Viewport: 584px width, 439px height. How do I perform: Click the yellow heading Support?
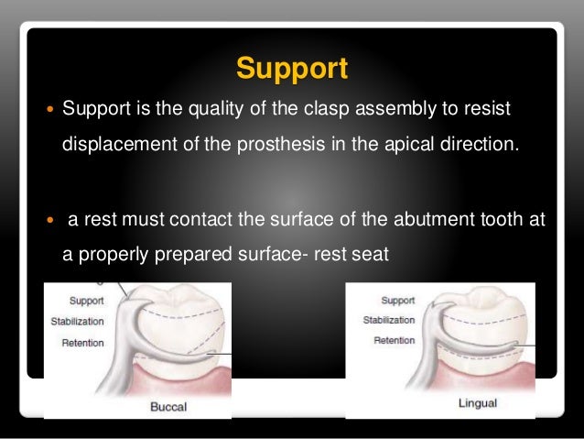point(292,69)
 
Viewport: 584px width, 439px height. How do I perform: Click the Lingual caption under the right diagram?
point(452,403)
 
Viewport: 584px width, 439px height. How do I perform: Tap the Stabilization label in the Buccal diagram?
point(78,323)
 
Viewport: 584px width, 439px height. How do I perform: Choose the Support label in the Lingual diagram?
point(397,301)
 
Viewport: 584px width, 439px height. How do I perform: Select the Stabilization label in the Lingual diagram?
point(389,321)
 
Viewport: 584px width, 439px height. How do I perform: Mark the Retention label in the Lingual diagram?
point(395,340)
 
